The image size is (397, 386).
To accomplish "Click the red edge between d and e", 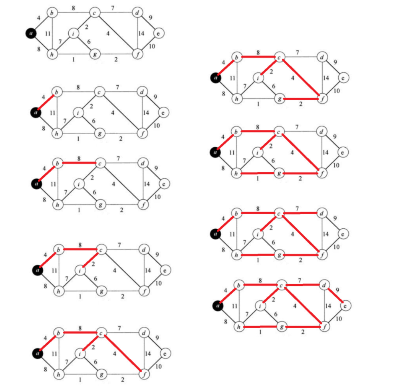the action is tap(334, 295).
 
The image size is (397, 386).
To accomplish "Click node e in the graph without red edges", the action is tap(158, 34).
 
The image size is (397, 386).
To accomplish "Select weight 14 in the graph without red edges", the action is tap(141, 34).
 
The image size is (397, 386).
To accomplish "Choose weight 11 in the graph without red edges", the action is tap(47, 34).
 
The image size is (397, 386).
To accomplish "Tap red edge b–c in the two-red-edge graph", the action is tap(79, 163).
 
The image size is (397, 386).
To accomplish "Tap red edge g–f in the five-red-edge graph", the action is tap(300, 98).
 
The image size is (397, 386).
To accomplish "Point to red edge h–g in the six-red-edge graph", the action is tap(258, 173).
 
